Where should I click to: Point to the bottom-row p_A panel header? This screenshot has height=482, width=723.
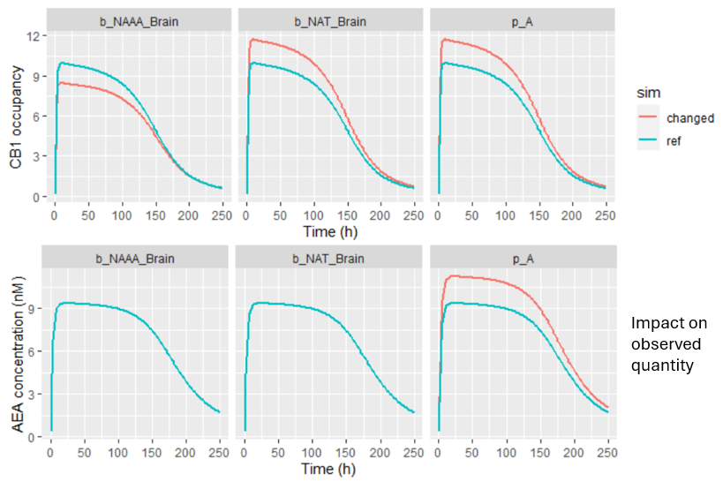point(523,258)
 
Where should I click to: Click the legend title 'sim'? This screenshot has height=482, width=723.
point(649,92)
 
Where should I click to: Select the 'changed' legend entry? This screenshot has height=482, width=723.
point(689,117)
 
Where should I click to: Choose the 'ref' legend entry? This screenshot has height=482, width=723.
point(675,139)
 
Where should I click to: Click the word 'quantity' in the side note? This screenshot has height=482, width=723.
point(662,364)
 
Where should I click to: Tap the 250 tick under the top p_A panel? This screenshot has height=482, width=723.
point(605,215)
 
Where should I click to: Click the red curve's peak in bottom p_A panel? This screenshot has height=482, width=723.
point(452,276)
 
